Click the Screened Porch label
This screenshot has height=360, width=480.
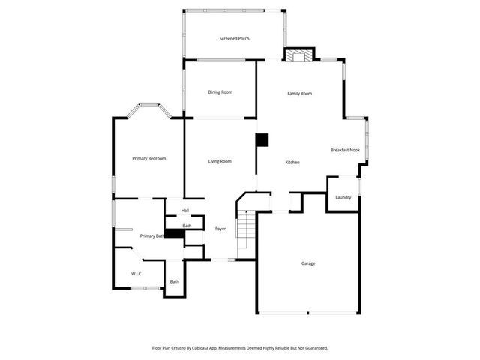click(x=234, y=38)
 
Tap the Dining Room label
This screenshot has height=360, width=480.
click(x=220, y=92)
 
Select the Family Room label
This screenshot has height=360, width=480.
click(x=300, y=94)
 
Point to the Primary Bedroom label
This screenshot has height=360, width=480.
click(x=148, y=159)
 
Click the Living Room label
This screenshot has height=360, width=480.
click(x=220, y=161)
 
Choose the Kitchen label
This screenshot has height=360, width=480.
click(x=292, y=162)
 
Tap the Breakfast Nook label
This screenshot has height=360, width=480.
click(x=345, y=150)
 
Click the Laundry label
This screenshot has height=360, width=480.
click(x=343, y=197)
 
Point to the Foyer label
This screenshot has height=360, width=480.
click(x=220, y=228)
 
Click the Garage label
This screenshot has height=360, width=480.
click(x=308, y=263)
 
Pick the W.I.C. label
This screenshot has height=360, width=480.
click(x=137, y=274)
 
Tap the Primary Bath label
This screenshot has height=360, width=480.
click(x=151, y=235)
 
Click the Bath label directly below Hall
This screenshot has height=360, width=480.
click(x=187, y=226)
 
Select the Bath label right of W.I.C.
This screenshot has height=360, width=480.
click(x=174, y=281)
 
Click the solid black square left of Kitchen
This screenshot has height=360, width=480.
click(x=262, y=139)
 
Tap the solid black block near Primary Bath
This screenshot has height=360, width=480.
click(x=174, y=233)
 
